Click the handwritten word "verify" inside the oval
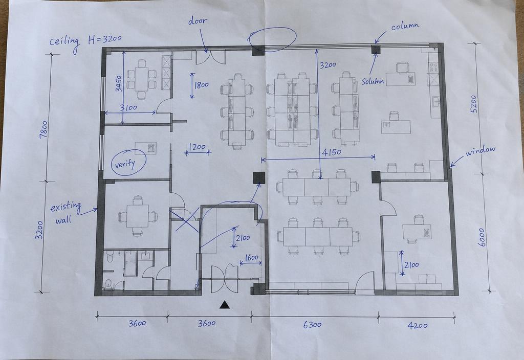coord(125,164)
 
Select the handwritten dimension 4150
coord(332,152)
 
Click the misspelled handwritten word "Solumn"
coord(373,81)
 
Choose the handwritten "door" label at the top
coord(198,20)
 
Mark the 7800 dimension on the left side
coord(44,130)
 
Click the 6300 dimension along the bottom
coord(312,325)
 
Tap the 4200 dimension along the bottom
coord(418,325)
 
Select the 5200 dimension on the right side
coord(474,103)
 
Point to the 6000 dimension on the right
coord(482,237)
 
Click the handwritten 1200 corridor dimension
coord(197,147)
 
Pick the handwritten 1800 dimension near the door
coord(202,85)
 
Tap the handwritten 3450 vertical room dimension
coord(119,83)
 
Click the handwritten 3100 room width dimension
coord(128,107)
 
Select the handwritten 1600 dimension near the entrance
coord(252,258)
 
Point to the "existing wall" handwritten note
coord(65,213)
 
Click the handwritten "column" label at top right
coord(405,26)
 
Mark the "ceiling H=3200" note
coord(85,42)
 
